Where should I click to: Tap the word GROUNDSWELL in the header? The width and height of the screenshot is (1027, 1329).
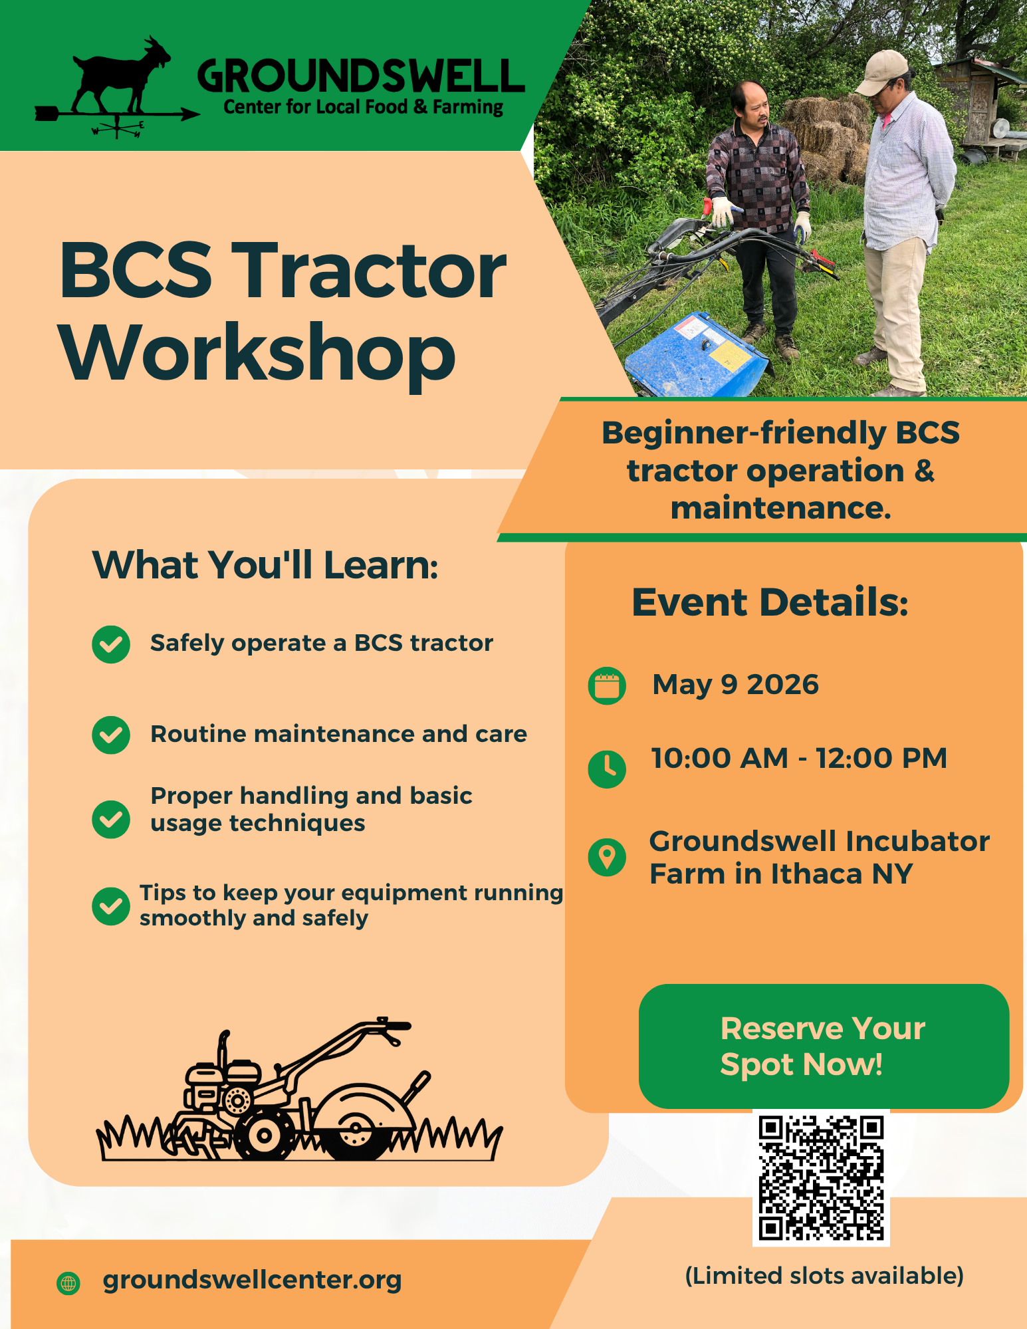pyautogui.click(x=360, y=76)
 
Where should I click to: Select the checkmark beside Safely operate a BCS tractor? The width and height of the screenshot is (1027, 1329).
pyautogui.click(x=111, y=644)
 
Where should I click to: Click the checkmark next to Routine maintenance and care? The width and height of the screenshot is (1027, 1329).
pyautogui.click(x=111, y=735)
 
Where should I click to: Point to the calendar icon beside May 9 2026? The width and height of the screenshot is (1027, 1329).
pyautogui.click(x=607, y=685)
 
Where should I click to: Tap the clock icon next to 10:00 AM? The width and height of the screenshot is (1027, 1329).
pyautogui.click(x=607, y=769)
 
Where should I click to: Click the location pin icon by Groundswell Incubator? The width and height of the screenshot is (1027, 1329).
pyautogui.click(x=607, y=857)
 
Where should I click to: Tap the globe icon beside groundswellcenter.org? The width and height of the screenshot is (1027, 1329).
pyautogui.click(x=68, y=1283)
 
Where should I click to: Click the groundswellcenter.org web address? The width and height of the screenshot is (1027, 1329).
pyautogui.click(x=253, y=1280)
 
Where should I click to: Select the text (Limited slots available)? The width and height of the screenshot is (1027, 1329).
pyautogui.click(x=824, y=1276)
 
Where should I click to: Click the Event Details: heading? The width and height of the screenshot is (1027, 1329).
pyautogui.click(x=770, y=602)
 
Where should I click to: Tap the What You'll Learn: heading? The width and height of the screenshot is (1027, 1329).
pyautogui.click(x=265, y=565)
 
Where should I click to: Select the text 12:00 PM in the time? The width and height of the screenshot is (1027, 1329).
pyautogui.click(x=881, y=759)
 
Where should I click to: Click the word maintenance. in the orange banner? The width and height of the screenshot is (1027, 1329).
pyautogui.click(x=780, y=509)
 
